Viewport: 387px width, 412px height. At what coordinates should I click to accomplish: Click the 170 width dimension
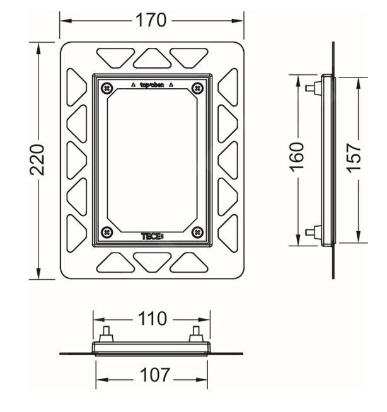pyautogui.click(x=151, y=20)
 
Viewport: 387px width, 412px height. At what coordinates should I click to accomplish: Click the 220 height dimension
pyautogui.click(x=37, y=160)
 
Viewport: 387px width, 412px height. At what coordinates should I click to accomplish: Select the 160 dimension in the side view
pyautogui.click(x=297, y=157)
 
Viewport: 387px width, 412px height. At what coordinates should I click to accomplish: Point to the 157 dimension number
pyautogui.click(x=354, y=158)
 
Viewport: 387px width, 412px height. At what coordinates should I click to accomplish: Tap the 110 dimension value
pyautogui.click(x=153, y=319)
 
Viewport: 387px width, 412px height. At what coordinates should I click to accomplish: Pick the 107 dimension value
pyautogui.click(x=154, y=375)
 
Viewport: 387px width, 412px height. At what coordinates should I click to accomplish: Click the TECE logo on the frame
pyautogui.click(x=153, y=236)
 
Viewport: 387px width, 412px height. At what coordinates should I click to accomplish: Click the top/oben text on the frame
pyautogui.click(x=152, y=85)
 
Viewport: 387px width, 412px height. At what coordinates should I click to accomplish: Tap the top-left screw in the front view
pyautogui.click(x=107, y=88)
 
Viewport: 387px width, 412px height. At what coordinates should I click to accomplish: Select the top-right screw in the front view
pyautogui.click(x=197, y=88)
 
